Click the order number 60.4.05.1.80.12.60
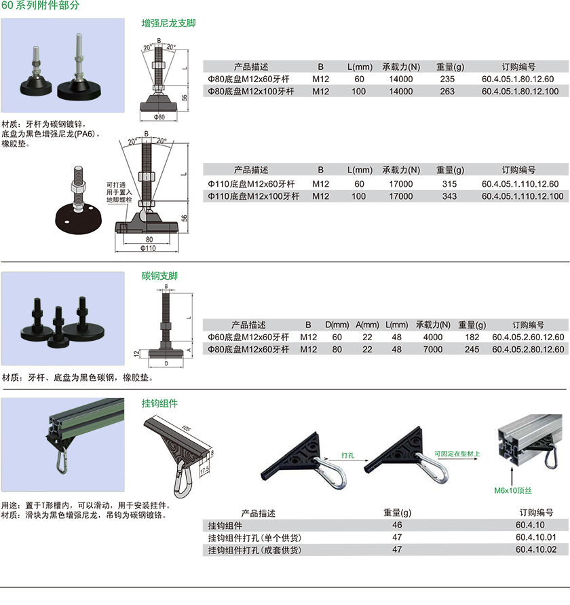pos(518,79)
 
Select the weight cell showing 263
pos(447,92)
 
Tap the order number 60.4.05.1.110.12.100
pos(522,196)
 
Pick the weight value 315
pos(449,184)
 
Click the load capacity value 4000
pos(433,337)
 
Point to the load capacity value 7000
pos(433,350)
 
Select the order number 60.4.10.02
pos(536,549)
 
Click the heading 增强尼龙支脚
pos(168,24)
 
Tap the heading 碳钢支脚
pos(159,276)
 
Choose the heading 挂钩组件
pos(159,403)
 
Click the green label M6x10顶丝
pos(513,490)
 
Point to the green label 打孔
pos(347,456)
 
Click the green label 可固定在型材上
pos(457,454)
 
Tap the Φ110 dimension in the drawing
pos(148,248)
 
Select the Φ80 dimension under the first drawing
pos(159,117)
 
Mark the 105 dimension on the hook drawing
pos(187,428)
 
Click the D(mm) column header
pos(337,325)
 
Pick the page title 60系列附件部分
pos(40,5)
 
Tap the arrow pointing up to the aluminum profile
pos(512,476)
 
